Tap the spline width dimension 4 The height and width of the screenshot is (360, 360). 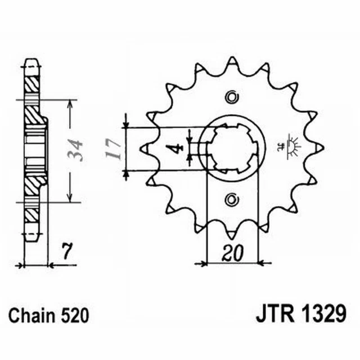point(175,149)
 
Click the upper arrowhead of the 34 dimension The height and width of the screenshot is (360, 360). point(69,105)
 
